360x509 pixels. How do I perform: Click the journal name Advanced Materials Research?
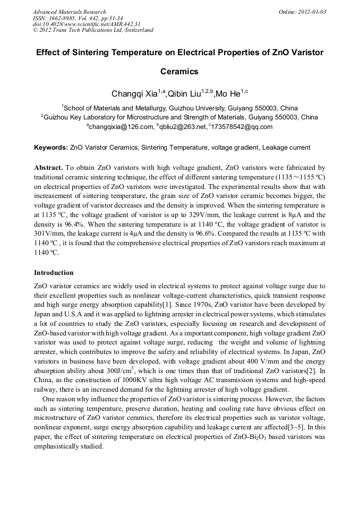(69, 12)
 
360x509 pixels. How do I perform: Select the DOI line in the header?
(87, 24)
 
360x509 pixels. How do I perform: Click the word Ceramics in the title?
(179, 71)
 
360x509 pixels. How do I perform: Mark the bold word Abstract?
(49, 167)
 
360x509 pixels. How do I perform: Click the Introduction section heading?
(54, 273)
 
